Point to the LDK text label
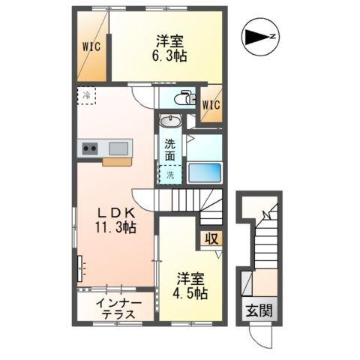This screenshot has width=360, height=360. pyautogui.click(x=104, y=212)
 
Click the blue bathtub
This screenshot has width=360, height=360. pyautogui.click(x=204, y=172)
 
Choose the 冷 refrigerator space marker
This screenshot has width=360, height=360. pyautogui.click(x=88, y=95)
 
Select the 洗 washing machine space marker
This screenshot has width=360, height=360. pyautogui.click(x=170, y=175)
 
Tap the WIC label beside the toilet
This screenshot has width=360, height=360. pyautogui.click(x=211, y=104)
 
